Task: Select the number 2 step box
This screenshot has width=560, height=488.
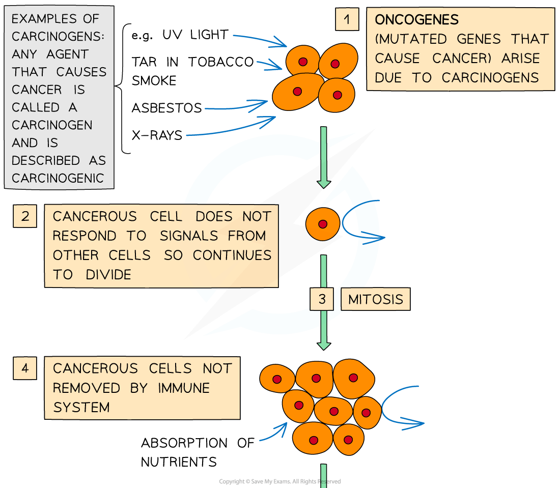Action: pos(25,216)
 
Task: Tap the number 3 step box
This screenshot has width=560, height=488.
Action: pos(322,299)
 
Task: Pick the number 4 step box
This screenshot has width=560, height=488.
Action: pos(25,368)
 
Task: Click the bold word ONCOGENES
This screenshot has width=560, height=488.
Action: pos(416,20)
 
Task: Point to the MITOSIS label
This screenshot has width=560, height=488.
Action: pos(376,299)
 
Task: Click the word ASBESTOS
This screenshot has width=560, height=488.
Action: pos(167,108)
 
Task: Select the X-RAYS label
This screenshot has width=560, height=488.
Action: pos(157,135)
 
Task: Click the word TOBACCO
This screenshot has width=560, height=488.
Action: pos(221,62)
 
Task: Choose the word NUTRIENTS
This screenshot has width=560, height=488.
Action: pos(179,462)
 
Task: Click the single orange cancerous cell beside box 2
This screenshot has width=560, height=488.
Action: pos(322,224)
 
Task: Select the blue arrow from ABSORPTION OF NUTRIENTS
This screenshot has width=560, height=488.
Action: pos(273,433)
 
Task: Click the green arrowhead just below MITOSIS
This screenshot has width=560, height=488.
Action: pos(324,345)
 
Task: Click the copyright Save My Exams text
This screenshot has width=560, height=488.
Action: pos(279,481)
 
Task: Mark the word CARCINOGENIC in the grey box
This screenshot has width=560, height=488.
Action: pos(58,178)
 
